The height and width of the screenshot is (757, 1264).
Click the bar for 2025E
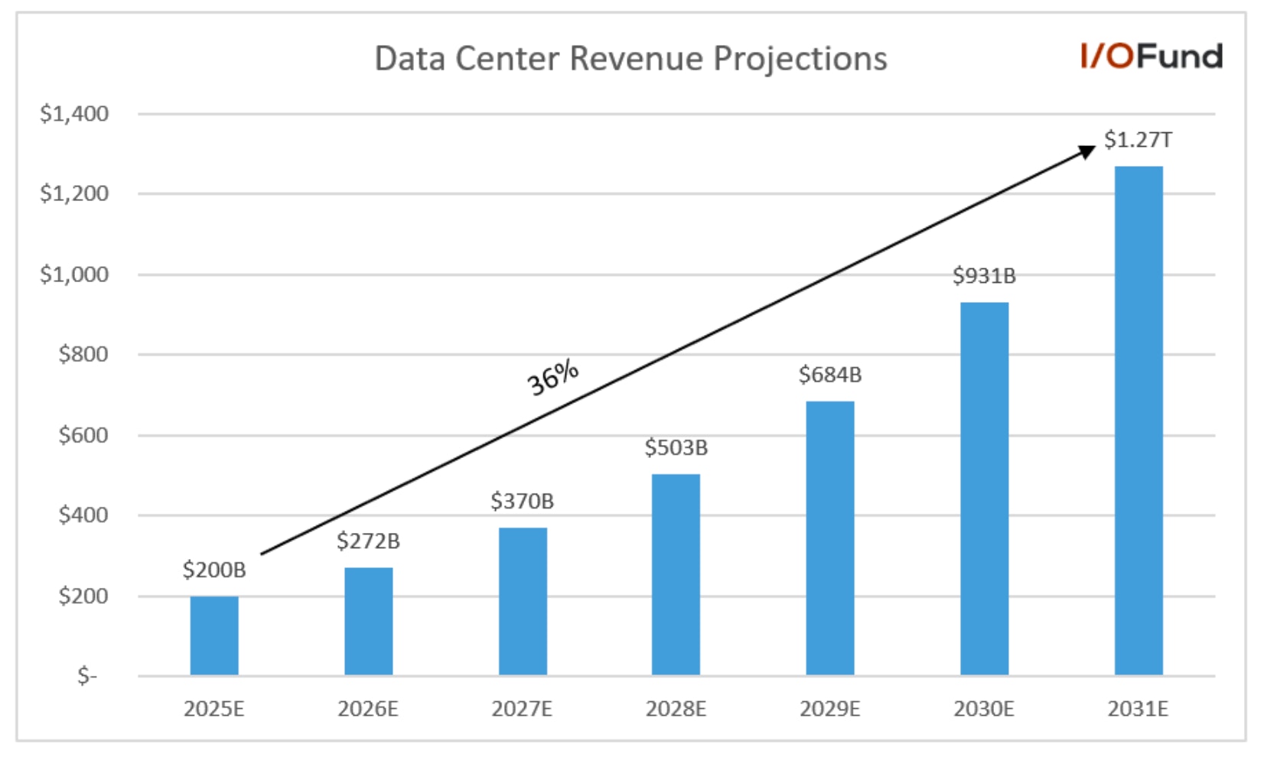[214, 635]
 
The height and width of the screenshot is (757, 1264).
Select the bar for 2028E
[676, 574]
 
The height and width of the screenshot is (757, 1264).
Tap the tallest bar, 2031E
[1139, 421]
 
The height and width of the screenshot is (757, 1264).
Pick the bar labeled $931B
[984, 489]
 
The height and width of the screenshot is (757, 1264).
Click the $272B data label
[368, 541]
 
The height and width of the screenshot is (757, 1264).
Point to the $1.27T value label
[1138, 140]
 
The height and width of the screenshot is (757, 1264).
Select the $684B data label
[830, 375]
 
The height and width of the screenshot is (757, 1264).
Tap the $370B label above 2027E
[522, 502]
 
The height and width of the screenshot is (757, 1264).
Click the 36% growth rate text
[552, 377]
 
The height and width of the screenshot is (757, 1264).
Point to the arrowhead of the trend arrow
[1086, 151]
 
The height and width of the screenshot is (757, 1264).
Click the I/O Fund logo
[1151, 57]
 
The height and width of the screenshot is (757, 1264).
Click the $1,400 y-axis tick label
[74, 114]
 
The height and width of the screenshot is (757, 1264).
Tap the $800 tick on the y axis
[83, 355]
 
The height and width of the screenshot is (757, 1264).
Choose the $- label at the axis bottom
[87, 676]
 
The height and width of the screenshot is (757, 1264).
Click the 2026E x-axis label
[368, 710]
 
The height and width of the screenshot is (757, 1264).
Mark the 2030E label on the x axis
[984, 710]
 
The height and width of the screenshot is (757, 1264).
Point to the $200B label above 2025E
[214, 570]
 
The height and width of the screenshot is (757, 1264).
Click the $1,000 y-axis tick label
[74, 275]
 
